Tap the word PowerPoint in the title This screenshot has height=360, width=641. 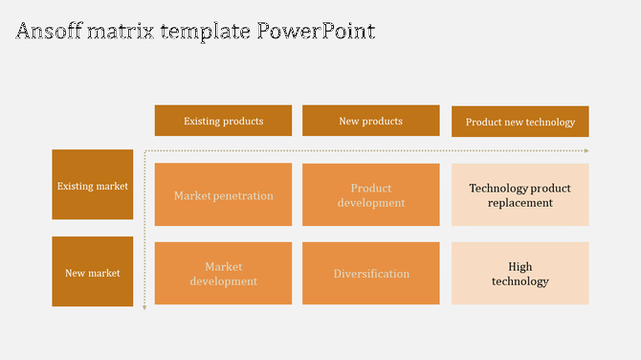pyautogui.click(x=317, y=31)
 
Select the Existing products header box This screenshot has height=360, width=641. pyautogui.click(x=223, y=121)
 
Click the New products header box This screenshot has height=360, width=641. pyautogui.click(x=370, y=121)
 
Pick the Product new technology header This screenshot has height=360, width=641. pyautogui.click(x=519, y=122)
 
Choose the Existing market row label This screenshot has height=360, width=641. pyautogui.click(x=93, y=186)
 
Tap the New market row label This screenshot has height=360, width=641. pyautogui.click(x=93, y=272)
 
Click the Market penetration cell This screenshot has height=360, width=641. pyautogui.click(x=223, y=195)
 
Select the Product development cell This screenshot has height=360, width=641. pyautogui.click(x=370, y=195)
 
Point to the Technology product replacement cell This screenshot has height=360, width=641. pyautogui.click(x=519, y=195)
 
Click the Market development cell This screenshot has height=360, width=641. pyautogui.click(x=223, y=274)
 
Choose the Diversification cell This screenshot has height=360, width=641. pyautogui.click(x=370, y=274)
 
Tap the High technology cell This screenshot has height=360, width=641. pyautogui.click(x=519, y=274)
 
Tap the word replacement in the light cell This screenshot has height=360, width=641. pyautogui.click(x=519, y=203)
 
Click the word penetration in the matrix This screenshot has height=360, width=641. pyautogui.click(x=244, y=195)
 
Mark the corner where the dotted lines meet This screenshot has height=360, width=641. pyautogui.click(x=144, y=151)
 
